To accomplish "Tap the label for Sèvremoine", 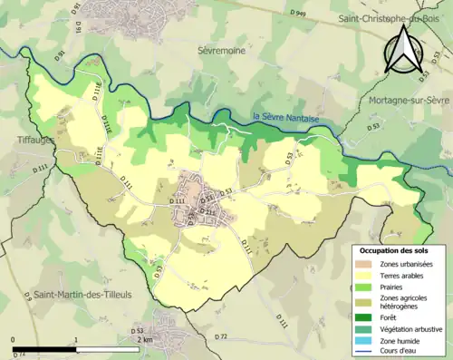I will point(223,52).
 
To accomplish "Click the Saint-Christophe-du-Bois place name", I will point(391,18).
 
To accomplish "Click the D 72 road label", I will point(220,336).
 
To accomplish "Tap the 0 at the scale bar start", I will point(13,339).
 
